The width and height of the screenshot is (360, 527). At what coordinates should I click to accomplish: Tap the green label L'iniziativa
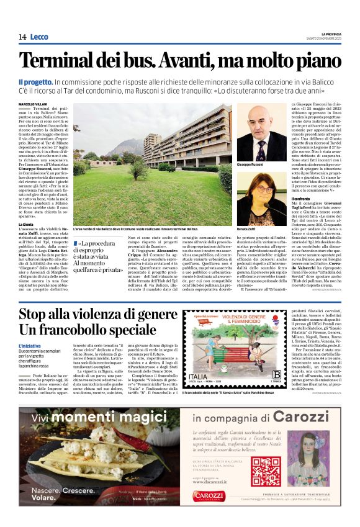[30, 345]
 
